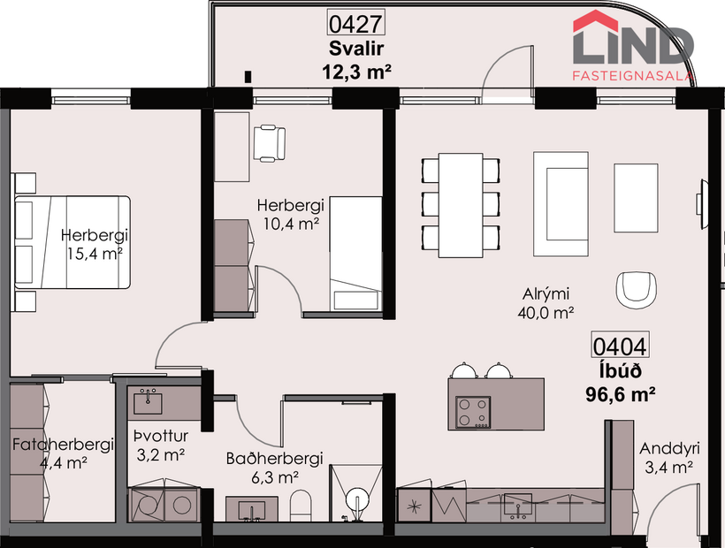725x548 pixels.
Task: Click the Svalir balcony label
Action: click(x=347, y=48)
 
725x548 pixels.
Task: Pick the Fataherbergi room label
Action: click(x=63, y=445)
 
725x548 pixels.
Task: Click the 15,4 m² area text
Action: click(x=95, y=254)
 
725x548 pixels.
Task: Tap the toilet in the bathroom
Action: click(x=301, y=507)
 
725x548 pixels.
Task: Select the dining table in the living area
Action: click(x=461, y=205)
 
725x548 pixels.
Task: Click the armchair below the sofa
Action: click(x=637, y=288)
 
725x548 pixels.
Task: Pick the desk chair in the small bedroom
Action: click(x=270, y=142)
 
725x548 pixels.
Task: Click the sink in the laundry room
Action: click(x=147, y=404)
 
